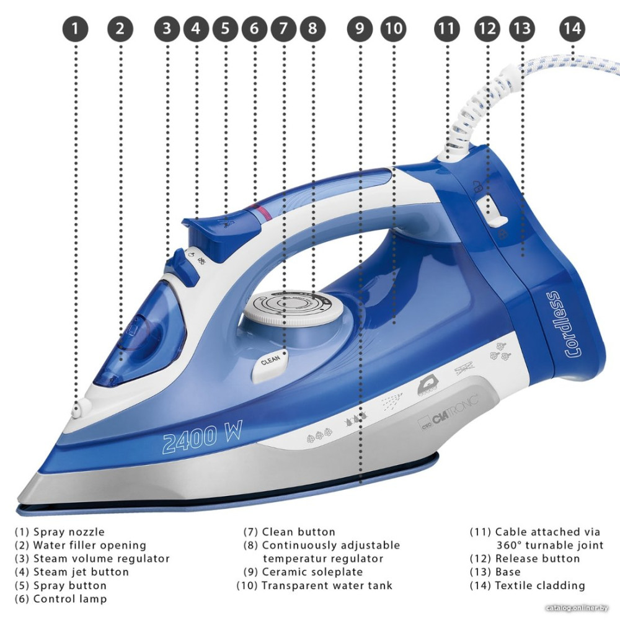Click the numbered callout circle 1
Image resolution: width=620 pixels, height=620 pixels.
click(x=76, y=29)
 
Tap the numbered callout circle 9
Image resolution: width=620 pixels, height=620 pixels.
click(x=360, y=29)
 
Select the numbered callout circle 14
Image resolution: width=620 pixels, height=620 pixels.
click(x=572, y=29)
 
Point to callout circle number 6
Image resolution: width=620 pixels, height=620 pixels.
click(x=254, y=29)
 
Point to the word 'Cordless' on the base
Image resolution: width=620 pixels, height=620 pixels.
click(x=573, y=324)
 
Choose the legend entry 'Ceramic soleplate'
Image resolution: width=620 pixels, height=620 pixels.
click(x=312, y=572)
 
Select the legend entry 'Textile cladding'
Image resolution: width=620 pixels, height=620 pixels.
click(x=539, y=585)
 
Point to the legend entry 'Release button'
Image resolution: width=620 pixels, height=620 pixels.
click(x=537, y=559)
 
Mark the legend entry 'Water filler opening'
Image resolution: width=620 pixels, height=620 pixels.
click(x=89, y=546)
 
